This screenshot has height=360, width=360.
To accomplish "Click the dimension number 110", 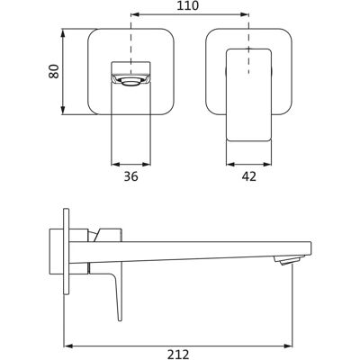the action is coord(187,5).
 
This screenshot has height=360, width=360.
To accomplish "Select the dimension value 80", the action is coord(54,71).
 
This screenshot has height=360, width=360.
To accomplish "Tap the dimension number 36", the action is coord(131,176).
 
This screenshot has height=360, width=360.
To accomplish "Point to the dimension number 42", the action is coord(249,176).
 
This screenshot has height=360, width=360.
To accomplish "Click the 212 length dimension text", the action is coord(178,355).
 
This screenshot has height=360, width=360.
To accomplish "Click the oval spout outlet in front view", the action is coord(130,81).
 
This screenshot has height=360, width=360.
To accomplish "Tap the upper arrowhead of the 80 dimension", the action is coord(63,33).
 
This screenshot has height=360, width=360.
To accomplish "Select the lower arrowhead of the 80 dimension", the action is coord(63,110).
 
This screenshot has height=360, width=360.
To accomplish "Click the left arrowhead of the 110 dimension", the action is coord(136,14).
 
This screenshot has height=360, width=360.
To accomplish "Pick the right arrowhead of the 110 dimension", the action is coord(245,14).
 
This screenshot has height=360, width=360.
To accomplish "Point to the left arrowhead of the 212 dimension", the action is coord(68,346).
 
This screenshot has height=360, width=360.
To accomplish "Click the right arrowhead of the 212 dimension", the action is coord(288,346).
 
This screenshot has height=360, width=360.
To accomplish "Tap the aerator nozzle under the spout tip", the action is coord(289,259).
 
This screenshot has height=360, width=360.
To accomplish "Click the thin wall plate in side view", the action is coord(67,251).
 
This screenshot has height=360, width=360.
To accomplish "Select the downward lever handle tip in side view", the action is coord(120,319).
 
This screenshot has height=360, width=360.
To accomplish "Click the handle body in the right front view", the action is coord(248,94).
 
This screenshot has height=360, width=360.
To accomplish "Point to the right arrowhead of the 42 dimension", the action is coord(267,164).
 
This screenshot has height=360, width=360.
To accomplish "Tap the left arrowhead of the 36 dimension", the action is coord(115,164).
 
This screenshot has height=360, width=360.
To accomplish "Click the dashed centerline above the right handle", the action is coord(248,43).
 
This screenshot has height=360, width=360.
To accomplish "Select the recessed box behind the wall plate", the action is coord(57,251).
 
